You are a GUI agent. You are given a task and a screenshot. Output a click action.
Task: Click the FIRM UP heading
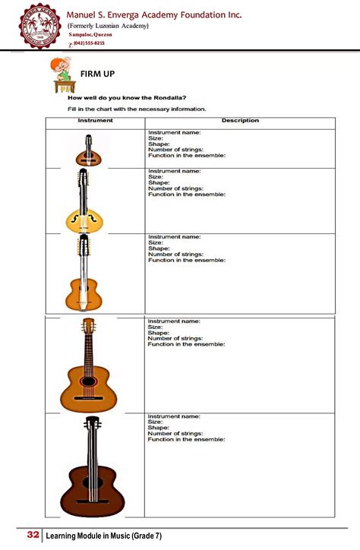pyautogui.click(x=97, y=74)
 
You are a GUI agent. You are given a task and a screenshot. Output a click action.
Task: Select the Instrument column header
pyautogui.click(x=95, y=121)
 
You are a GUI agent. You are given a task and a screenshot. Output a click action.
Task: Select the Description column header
pyautogui.click(x=240, y=121)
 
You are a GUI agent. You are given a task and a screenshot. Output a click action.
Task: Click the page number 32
pyautogui.click(x=33, y=536)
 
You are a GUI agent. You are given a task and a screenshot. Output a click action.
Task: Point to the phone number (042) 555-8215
pyautogui.click(x=89, y=43)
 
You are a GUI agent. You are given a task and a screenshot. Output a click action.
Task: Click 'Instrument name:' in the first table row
pyautogui.click(x=174, y=132)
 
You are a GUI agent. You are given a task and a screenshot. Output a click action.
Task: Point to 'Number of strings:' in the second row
pyautogui.click(x=175, y=188)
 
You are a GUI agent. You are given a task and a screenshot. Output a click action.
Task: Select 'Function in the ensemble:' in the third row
pyautogui.click(x=187, y=260)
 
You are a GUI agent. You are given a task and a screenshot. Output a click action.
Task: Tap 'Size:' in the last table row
pyautogui.click(x=156, y=422)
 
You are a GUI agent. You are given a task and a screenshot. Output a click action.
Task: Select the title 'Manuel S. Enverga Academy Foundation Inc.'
pyautogui.click(x=165, y=14)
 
